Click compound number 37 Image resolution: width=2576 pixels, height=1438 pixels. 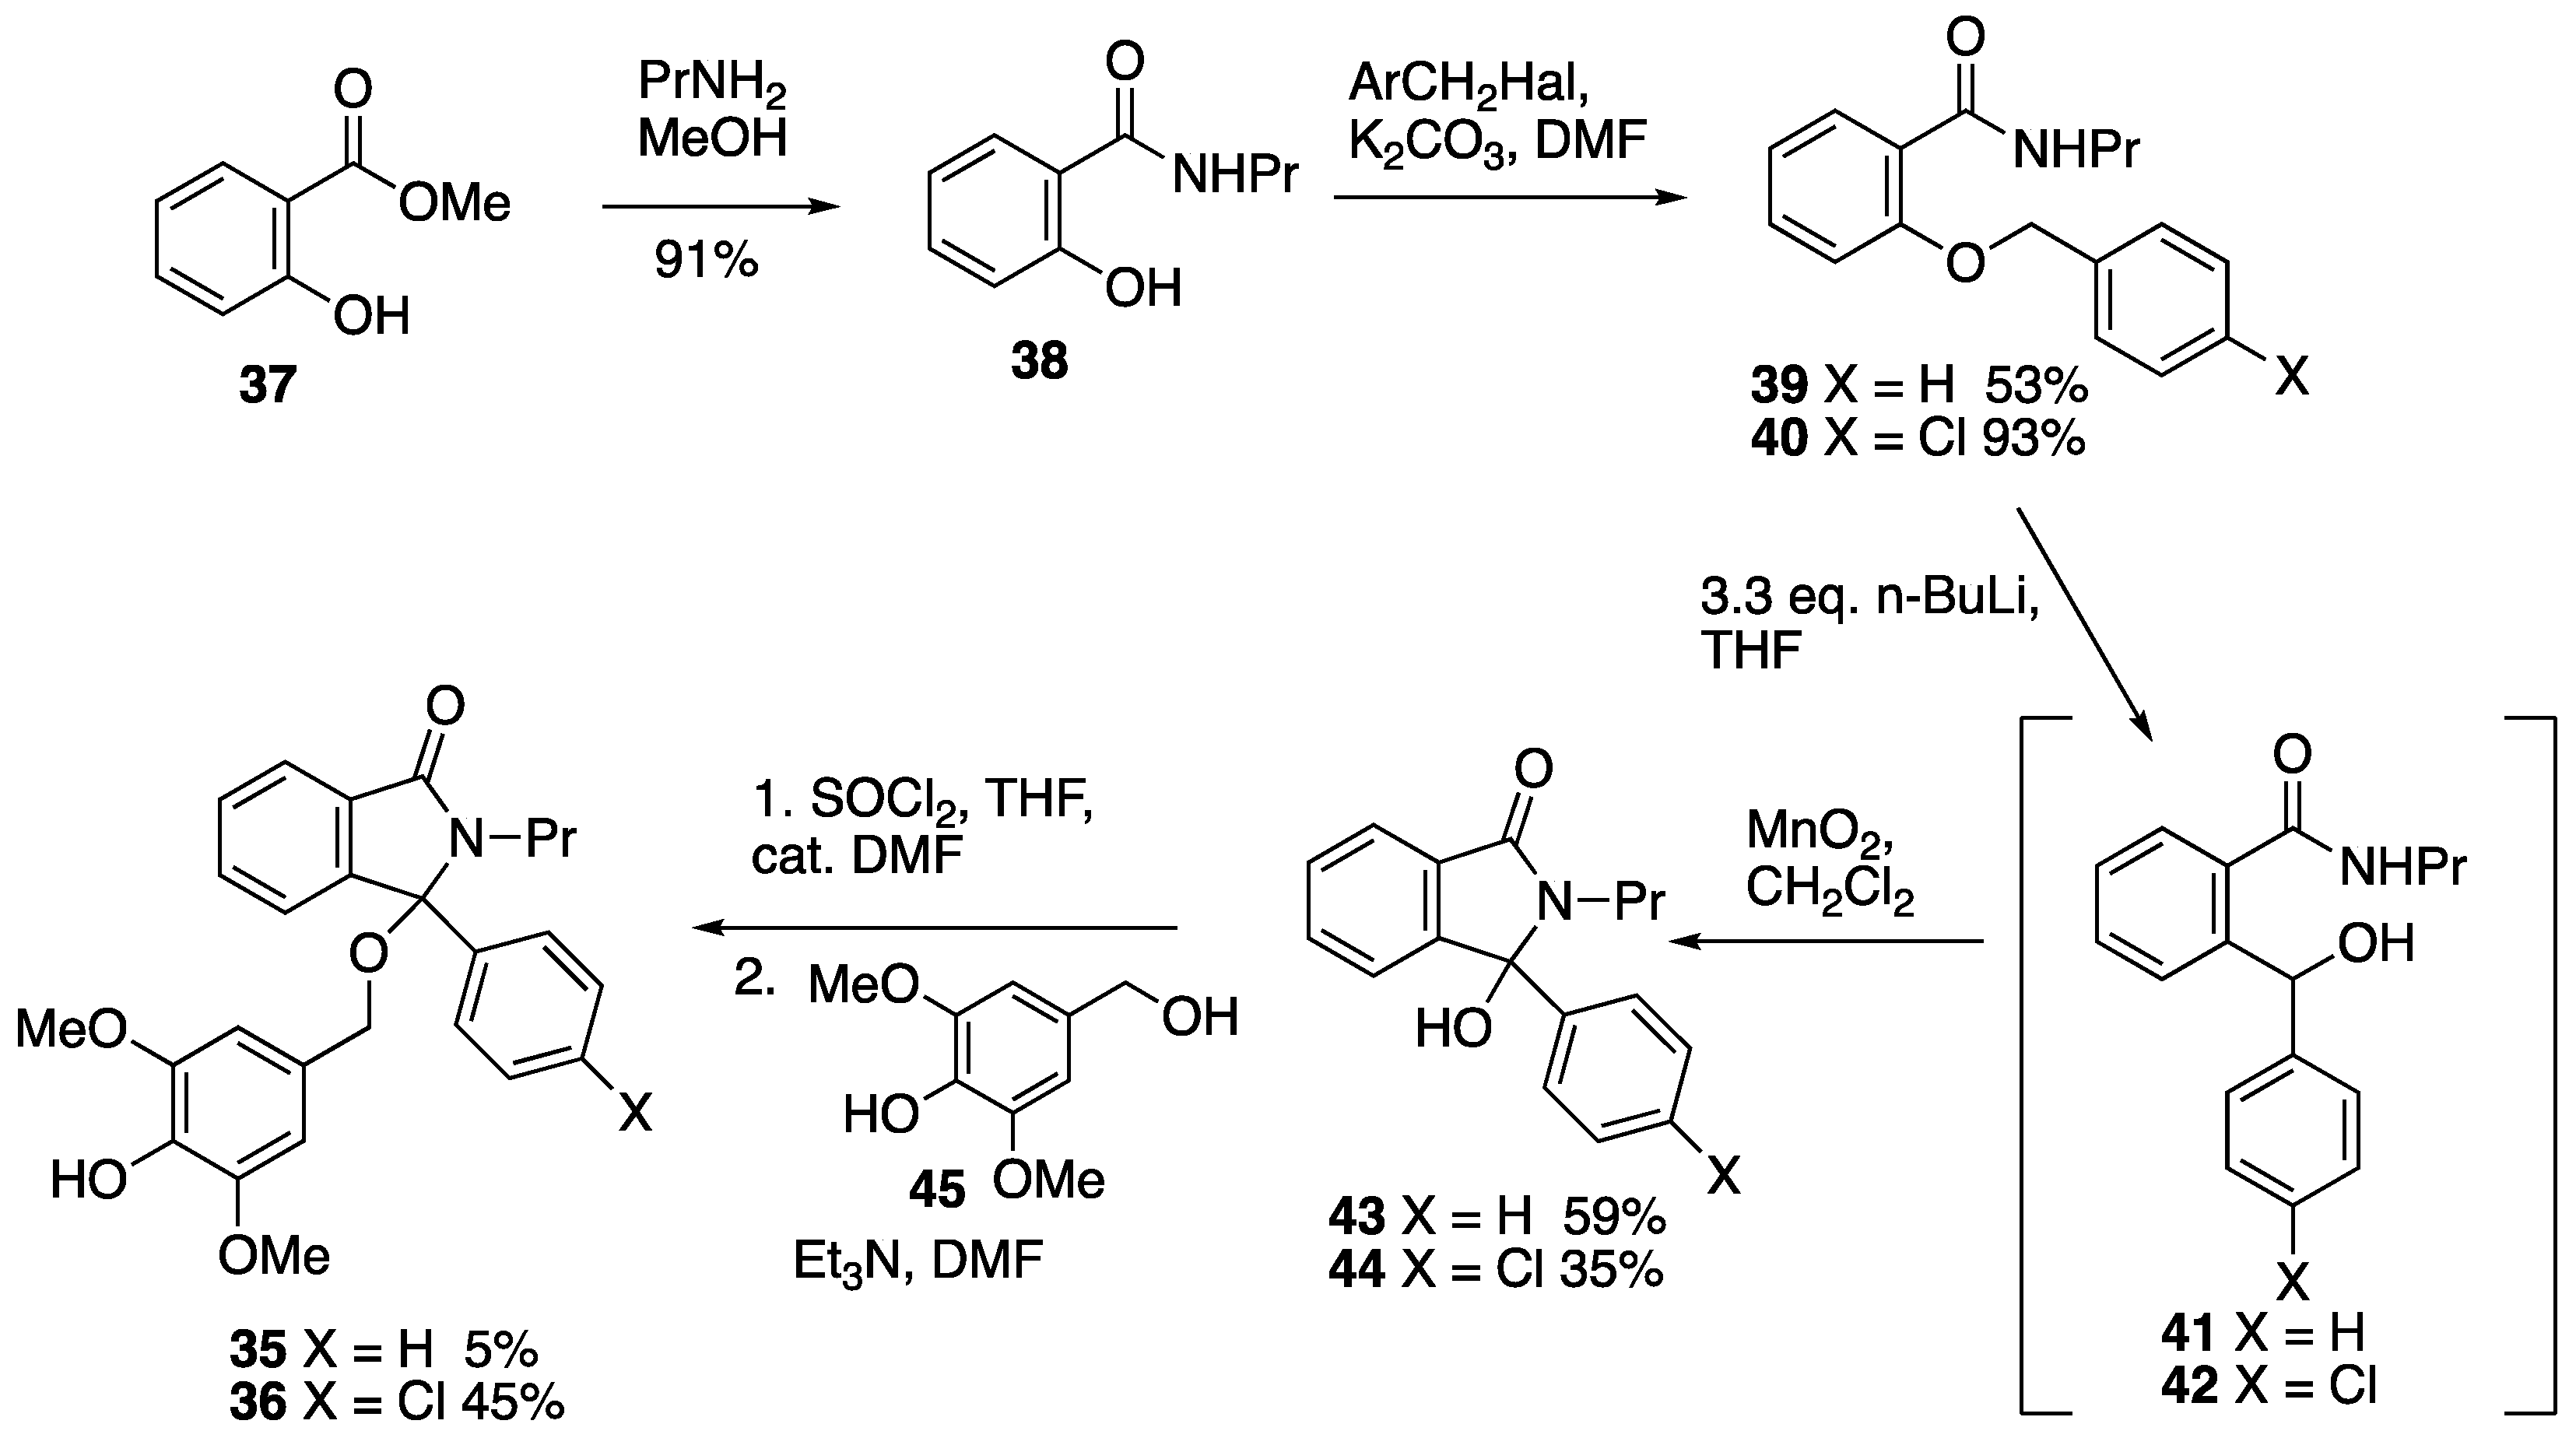267,385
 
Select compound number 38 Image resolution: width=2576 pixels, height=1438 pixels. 1039,361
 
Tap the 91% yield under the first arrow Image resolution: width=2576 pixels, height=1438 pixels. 706,261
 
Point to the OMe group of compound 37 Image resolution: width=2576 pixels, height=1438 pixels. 455,205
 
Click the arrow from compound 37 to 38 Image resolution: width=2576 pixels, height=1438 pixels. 720,207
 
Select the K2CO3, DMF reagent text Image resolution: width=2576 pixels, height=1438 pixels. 1497,142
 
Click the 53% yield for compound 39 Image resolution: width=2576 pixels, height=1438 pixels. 2036,385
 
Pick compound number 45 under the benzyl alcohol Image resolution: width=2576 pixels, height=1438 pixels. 937,1190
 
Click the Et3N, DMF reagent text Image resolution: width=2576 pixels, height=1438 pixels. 917,1262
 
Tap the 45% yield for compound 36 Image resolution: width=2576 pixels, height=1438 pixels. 513,1404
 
